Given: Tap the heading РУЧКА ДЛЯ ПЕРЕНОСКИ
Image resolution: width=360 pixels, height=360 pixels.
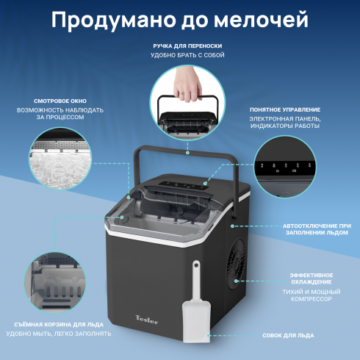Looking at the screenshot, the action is pos(187,46).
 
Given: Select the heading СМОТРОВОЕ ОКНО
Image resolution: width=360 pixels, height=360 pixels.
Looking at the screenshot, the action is pos(60,101).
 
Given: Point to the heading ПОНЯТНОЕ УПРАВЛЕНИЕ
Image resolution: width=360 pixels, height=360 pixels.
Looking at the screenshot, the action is pos(285,109).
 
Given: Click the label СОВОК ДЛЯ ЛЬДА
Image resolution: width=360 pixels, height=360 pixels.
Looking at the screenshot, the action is pos(288,335).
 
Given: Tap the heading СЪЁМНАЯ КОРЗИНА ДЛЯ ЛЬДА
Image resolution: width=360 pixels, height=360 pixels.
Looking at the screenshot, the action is pos(59,325).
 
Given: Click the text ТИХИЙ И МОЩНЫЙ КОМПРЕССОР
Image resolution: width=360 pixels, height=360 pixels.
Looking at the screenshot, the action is pos(312,295).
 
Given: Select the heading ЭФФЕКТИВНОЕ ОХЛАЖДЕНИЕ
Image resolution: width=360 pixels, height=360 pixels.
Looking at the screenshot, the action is pos(312,278).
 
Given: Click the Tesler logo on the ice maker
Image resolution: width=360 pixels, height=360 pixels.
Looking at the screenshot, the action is pos(147,320).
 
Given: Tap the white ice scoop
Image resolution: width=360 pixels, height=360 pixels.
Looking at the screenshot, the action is pos(197,301).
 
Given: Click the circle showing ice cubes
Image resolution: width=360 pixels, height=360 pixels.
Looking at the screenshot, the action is pos(60,158).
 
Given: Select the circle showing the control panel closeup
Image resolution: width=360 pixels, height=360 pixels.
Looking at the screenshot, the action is pos(285,167).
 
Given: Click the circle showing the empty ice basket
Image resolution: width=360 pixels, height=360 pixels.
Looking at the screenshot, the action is pos(55,284).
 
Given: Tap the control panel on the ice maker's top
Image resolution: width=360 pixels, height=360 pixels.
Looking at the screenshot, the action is pos(184,185).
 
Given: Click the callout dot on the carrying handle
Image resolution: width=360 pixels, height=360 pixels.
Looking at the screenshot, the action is pos(187,153).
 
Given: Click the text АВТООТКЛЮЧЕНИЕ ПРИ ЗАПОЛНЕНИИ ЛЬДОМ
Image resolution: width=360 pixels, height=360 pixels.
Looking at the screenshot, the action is pos(317,229).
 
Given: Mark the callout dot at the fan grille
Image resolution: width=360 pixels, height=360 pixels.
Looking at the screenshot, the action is pos(236,281).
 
